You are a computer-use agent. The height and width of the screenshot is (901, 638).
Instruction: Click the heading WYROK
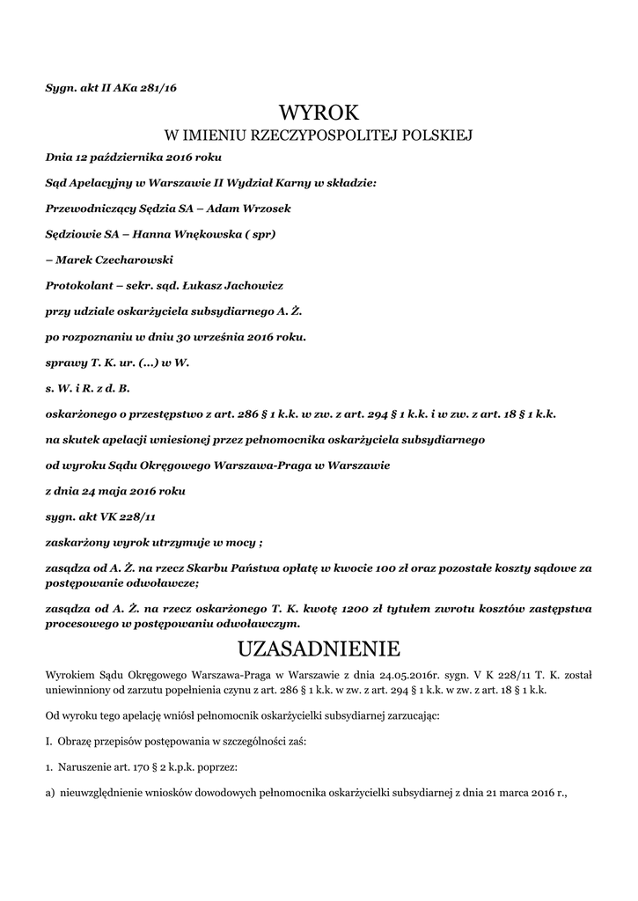tap(319, 113)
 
